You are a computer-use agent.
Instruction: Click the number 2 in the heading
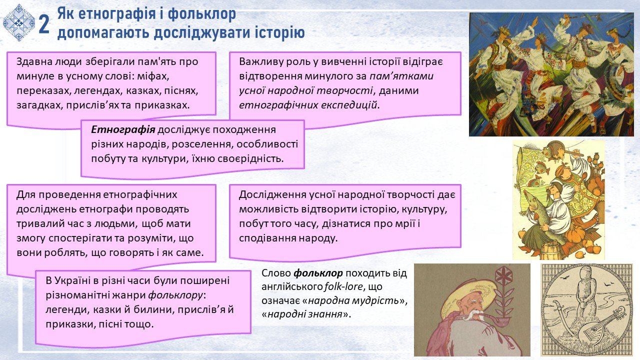pyautogui.click(x=44, y=24)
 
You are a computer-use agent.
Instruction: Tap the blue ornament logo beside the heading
pyautogui.click(x=19, y=23)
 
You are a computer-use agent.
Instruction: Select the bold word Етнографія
pyautogui.click(x=123, y=129)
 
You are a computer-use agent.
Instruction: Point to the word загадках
pyautogui.click(x=40, y=105)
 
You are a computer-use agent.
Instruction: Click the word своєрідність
pyautogui.click(x=250, y=158)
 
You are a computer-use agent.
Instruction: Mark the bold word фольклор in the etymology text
pyautogui.click(x=318, y=273)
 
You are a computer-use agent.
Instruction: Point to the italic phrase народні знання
pyautogui.click(x=305, y=314)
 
